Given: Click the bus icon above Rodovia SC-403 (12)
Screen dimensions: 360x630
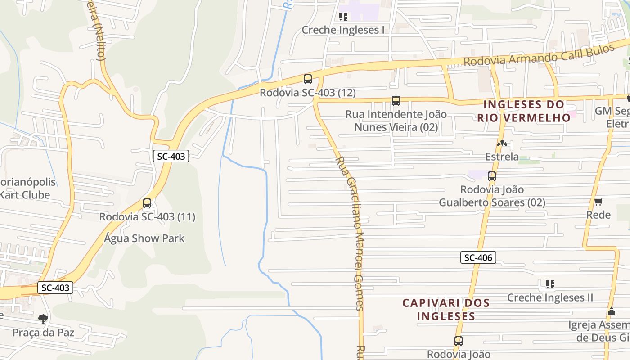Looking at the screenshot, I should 308,79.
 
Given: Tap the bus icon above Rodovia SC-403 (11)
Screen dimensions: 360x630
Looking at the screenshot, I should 147,203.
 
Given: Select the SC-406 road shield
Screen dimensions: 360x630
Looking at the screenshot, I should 478,257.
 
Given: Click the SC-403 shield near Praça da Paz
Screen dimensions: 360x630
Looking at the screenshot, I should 55,288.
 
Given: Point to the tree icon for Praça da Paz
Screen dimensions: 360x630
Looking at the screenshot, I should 43,319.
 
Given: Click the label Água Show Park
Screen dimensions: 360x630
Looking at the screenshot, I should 144,238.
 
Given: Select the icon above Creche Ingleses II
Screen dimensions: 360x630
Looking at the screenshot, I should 550,284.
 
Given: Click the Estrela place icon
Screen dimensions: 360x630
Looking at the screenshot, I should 502,144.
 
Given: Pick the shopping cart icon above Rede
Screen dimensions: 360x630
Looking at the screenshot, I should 598,202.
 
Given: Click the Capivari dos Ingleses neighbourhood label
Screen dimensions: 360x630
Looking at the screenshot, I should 445,309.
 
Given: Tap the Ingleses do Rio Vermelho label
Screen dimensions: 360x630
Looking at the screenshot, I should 524,111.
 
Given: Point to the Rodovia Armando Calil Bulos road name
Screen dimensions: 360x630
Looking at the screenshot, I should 539,55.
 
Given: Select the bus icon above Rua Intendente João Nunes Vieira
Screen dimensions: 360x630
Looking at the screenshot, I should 396,101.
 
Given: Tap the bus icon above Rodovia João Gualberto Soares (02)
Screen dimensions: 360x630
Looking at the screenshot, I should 492,176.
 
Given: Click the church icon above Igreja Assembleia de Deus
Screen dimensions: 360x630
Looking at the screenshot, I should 611,311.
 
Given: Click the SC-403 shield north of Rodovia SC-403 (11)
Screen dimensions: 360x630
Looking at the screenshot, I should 171,156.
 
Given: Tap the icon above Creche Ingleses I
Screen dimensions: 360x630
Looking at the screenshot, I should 343,17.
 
